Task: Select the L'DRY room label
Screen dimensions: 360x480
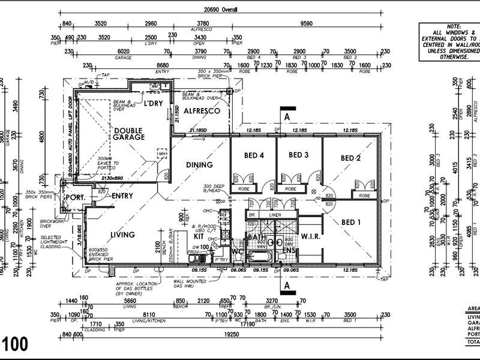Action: point(154,103)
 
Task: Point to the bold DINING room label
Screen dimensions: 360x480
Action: point(199,165)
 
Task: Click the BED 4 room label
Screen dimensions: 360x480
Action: point(254,155)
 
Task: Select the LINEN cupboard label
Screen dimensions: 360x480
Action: point(275,214)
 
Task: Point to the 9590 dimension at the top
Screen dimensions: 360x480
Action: point(307,24)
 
